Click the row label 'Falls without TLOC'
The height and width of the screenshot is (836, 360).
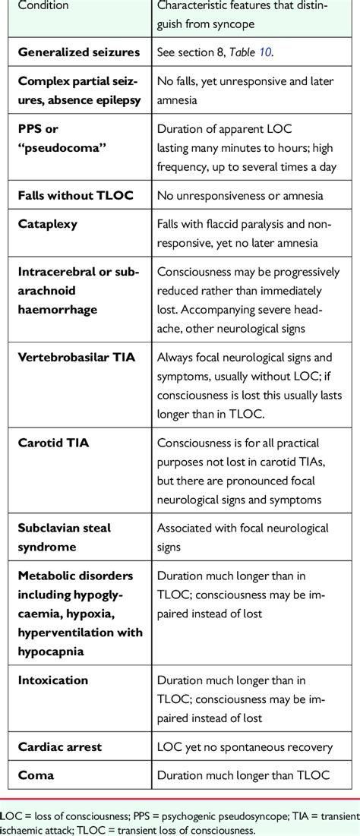[75, 195]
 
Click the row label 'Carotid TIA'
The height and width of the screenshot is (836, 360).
[52, 443]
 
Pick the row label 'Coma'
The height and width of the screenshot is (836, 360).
[35, 776]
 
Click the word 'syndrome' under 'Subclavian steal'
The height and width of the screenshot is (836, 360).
[47, 546]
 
